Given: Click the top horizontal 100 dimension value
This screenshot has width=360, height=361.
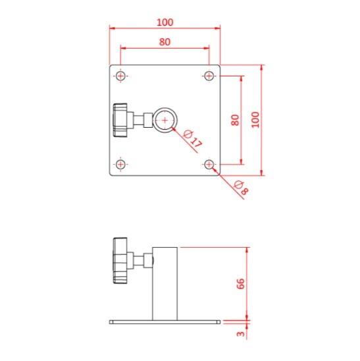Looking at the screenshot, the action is point(165,22).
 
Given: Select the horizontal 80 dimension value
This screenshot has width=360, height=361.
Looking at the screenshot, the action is point(165,42).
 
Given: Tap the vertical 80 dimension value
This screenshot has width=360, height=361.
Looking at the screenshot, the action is point(235,120).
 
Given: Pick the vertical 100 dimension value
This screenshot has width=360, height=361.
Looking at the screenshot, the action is point(255,120).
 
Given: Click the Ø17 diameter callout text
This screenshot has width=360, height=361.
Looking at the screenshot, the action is point(193,139).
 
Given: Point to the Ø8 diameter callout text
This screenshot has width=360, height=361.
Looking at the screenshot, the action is point(242,188).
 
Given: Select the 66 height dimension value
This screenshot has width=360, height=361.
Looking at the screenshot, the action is point(240,284).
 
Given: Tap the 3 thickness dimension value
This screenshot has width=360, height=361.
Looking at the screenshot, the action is point(241,334).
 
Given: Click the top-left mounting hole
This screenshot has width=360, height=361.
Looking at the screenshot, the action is point(120,76).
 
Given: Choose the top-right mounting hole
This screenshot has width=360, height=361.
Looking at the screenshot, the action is point(209,76).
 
